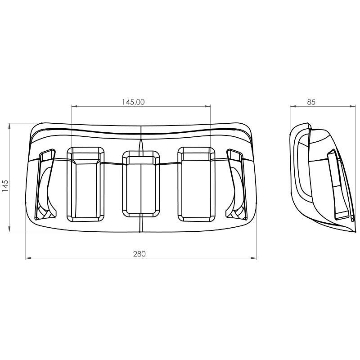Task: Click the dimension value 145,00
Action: tap(133, 102)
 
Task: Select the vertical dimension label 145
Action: tap(5, 186)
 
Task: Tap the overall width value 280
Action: tap(139, 254)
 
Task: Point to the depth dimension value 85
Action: tap(311, 102)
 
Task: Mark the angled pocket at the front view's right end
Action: tap(237, 184)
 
